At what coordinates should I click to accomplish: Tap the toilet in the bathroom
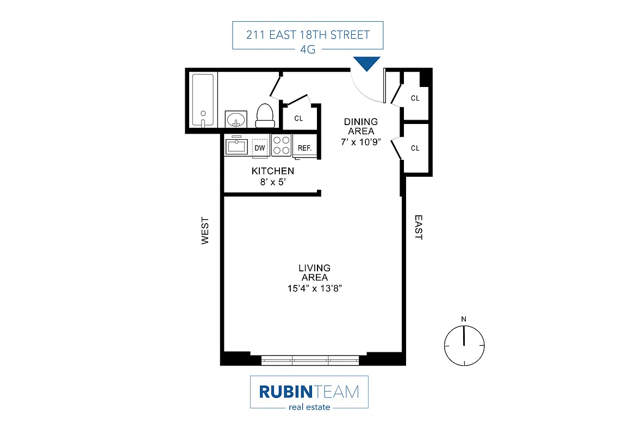click(265, 115)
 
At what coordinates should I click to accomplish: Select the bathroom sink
click(236, 119)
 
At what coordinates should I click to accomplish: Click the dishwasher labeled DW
click(260, 147)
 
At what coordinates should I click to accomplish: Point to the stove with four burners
click(281, 146)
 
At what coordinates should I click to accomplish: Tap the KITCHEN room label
click(272, 171)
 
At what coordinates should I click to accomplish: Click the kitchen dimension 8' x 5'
click(273, 182)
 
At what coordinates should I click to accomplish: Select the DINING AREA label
click(360, 127)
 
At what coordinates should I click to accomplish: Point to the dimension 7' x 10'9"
click(360, 141)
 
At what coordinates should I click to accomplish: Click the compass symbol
click(464, 345)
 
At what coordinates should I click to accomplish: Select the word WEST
click(205, 231)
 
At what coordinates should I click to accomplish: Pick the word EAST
click(418, 227)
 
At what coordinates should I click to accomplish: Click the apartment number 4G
click(308, 49)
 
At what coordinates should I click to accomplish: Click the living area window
click(310, 359)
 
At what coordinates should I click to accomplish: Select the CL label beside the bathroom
click(298, 118)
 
